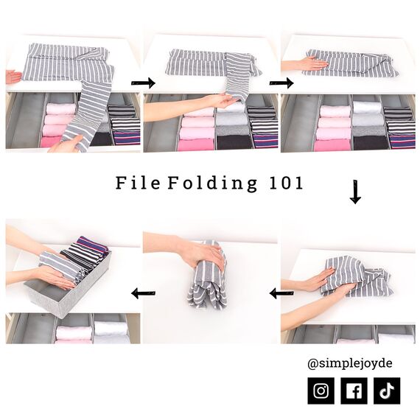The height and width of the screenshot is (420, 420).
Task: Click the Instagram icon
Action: (321, 391)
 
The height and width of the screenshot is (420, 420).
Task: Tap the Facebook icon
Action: (354, 391)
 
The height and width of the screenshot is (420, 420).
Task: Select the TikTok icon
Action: (388, 391)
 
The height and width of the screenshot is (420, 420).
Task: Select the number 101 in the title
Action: (283, 183)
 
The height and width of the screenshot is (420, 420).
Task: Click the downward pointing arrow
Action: (355, 193)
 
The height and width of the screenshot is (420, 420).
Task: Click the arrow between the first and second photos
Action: (147, 83)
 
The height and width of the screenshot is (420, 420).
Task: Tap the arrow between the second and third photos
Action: (281, 83)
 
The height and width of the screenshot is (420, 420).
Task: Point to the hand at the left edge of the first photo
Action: (13, 76)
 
